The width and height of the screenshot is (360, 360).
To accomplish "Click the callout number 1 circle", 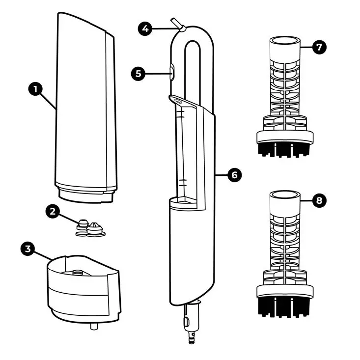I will point(35,90).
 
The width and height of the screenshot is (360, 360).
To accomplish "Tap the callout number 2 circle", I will point(53,212).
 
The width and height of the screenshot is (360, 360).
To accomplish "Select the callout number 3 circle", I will point(28,249).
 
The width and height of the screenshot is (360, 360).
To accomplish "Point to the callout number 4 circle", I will point(144,28).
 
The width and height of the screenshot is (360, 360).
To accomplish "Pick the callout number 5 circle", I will point(138,74).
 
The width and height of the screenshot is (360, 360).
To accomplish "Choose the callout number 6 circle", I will point(234,174).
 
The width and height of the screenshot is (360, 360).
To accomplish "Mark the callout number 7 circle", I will point(319,48).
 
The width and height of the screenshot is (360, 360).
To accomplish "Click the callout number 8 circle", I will point(319,200).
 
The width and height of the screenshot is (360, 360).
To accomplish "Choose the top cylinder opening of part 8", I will point(285,195).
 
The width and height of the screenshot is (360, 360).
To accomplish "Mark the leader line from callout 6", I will point(222,174).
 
